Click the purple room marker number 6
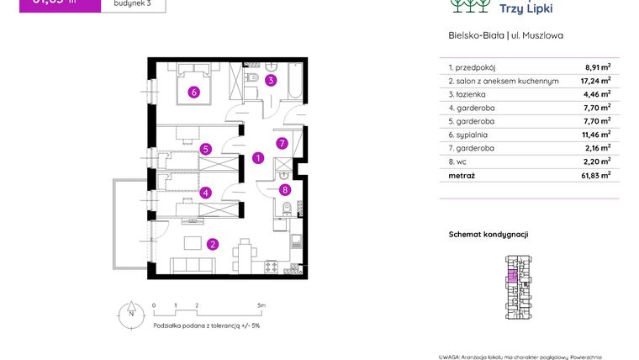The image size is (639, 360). click(194, 93)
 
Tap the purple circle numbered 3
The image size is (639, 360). click(271, 81)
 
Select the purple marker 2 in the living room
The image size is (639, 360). click(214, 245)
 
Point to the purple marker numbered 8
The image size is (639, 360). click(285, 190)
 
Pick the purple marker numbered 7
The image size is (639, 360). click(283, 143)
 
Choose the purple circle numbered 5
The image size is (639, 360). click(206, 149)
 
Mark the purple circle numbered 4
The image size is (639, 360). click(206, 192)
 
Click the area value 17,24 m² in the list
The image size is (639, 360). click(598, 82)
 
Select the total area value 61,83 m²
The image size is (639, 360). click(597, 176)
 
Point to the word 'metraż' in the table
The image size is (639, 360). click(462, 176)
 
